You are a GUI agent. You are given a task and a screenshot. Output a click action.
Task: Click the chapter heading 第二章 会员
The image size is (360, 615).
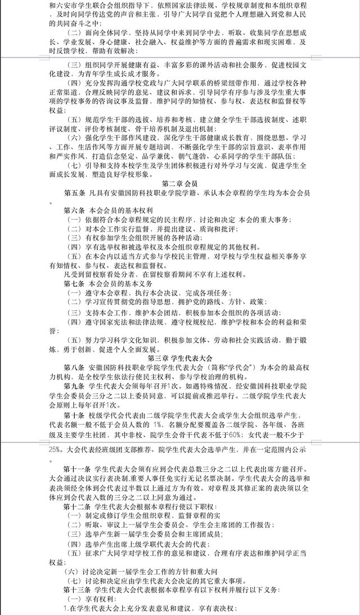click(x=179, y=183)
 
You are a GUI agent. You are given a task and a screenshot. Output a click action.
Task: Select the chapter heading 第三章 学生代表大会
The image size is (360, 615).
click(x=179, y=358)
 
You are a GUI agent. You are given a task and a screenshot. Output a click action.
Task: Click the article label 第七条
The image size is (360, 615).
click(x=74, y=283)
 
